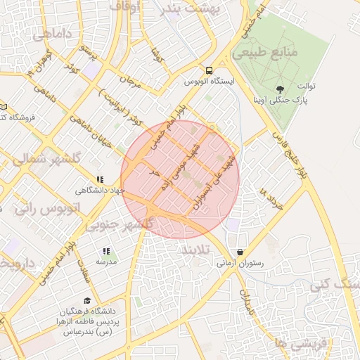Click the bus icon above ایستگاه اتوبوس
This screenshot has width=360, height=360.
tap(209, 70)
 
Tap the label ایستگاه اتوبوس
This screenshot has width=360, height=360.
tap(209, 81)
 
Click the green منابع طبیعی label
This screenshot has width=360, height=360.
tap(266, 53)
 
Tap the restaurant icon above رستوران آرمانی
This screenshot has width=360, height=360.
tap(240, 252)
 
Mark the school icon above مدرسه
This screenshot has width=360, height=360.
tap(106, 251)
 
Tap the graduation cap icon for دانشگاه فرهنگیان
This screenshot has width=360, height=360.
tap(86, 300)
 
